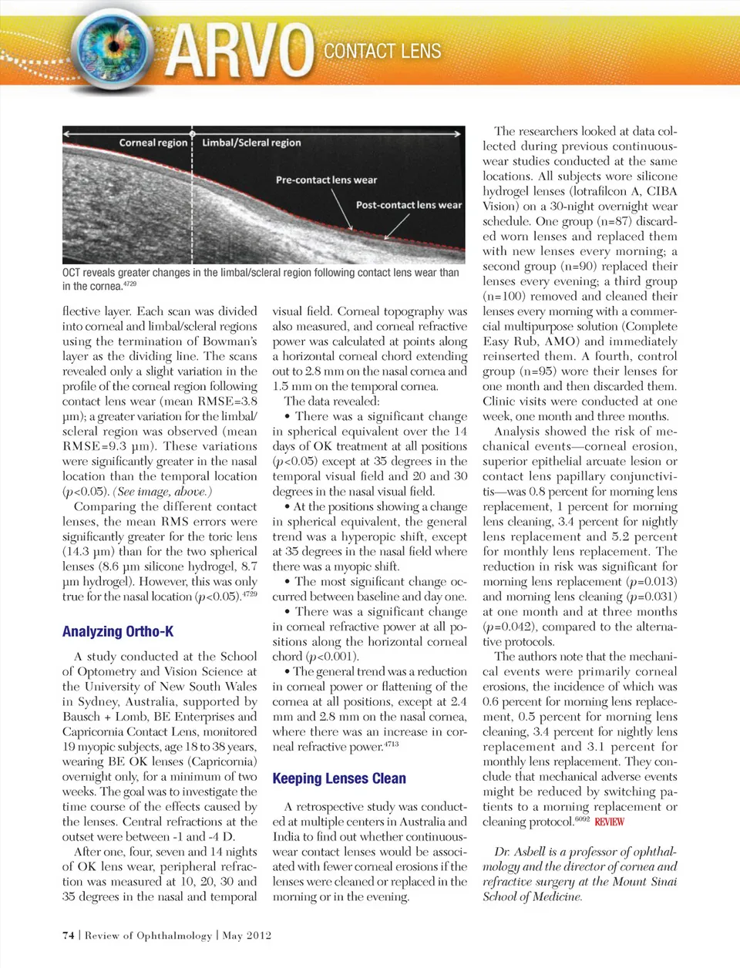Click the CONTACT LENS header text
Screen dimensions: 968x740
pyautogui.click(x=382, y=52)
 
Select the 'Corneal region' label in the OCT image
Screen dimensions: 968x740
pyautogui.click(x=153, y=143)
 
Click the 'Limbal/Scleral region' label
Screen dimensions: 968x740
pyautogui.click(x=251, y=143)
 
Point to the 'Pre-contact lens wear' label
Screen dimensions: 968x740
pyautogui.click(x=326, y=180)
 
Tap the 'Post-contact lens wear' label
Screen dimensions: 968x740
pyautogui.click(x=409, y=205)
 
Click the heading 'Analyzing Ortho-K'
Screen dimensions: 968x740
pyautogui.click(x=118, y=631)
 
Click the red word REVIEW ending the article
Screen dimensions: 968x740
pyautogui.click(x=609, y=822)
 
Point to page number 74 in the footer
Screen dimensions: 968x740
pyautogui.click(x=69, y=935)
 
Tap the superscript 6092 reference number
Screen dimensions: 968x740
pyautogui.click(x=582, y=819)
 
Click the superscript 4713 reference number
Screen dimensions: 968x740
pyautogui.click(x=391, y=744)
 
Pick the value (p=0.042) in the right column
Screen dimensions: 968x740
pyautogui.click(x=509, y=627)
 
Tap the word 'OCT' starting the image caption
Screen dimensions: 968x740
pyautogui.click(x=71, y=273)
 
